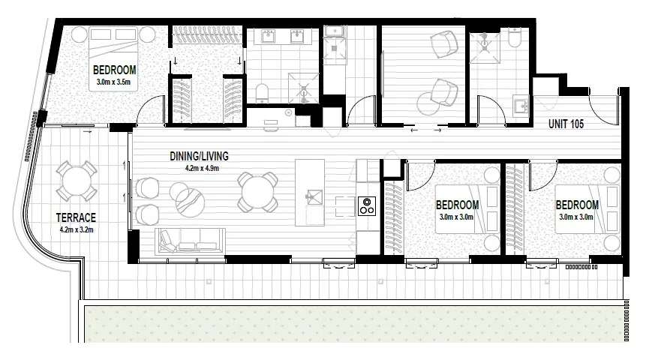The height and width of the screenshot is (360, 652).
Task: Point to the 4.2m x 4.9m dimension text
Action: [x=200, y=168]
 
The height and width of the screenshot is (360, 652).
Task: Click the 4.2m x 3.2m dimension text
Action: [x=75, y=230]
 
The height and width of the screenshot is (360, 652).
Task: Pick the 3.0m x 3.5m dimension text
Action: [x=113, y=81]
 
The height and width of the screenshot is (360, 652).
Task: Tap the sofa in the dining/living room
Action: [x=191, y=243]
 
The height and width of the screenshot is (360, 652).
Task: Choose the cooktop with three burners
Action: [x=367, y=205]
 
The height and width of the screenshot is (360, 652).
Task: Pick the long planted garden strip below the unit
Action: [x=353, y=323]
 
